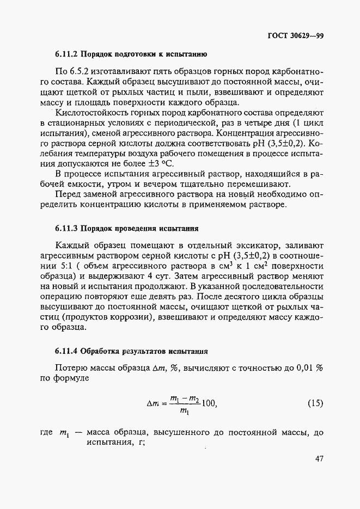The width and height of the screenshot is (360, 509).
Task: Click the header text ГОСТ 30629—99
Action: click(296, 36)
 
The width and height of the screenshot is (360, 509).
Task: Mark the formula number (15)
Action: click(315, 403)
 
